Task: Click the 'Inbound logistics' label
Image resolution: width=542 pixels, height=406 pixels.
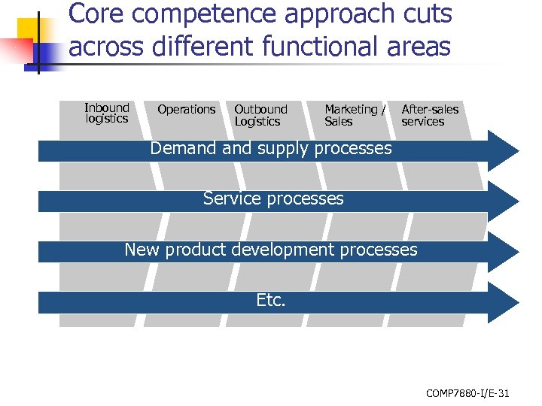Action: pos(107,114)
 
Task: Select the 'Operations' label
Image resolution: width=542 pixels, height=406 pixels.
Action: pos(186,110)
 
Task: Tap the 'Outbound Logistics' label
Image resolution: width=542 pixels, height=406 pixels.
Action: pos(260,116)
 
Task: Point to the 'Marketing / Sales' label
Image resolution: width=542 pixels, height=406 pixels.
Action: pos(355,116)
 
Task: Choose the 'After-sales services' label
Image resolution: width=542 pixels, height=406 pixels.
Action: pos(430,116)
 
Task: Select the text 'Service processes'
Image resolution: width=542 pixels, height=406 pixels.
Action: pos(273,199)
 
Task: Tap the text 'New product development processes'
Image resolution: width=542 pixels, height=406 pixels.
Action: pos(271,250)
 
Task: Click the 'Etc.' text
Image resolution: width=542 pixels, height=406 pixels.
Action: pos(271,301)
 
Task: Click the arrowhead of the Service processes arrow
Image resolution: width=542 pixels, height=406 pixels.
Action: pos(503,200)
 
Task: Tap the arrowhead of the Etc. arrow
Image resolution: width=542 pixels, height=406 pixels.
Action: pos(503,302)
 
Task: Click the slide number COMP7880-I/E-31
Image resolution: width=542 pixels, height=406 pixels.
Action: pos(467,392)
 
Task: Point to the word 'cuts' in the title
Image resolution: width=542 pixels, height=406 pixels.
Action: pos(425,14)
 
